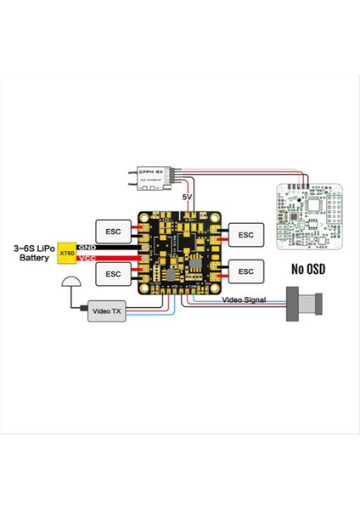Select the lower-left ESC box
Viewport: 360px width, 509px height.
tap(113, 273)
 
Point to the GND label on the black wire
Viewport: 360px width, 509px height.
tap(84, 247)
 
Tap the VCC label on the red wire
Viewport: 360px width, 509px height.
tap(84, 258)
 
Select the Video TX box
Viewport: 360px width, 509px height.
tap(106, 312)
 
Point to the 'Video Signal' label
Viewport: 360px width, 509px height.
tap(245, 300)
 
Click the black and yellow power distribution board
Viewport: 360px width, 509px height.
tap(179, 252)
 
